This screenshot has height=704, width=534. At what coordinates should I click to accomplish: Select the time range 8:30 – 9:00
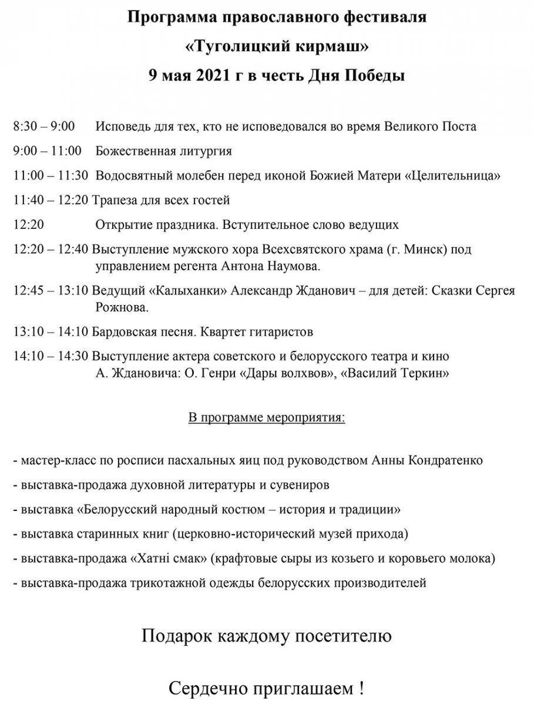[x=43, y=127]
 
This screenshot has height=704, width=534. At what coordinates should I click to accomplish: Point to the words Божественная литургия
[x=163, y=151]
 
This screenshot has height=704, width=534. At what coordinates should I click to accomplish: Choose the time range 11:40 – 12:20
[x=51, y=200]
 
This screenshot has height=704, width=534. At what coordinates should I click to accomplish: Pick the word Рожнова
[x=122, y=307]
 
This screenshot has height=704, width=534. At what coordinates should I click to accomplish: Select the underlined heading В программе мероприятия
[x=266, y=418]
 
